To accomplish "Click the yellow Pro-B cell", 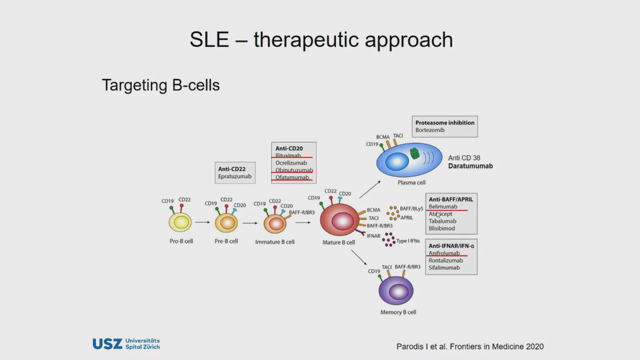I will point(180,222).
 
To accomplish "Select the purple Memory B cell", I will point(396,291).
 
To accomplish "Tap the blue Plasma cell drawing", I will point(409,160).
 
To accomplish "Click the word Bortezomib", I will point(430,130).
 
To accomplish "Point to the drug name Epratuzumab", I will point(235,176).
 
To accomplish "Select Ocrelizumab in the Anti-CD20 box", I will point(291,163).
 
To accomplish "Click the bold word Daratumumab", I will point(470,166).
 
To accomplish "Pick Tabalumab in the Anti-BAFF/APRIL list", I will point(442,221).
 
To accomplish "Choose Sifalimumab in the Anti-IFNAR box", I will point(444,268).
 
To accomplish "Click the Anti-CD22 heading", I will point(232,169).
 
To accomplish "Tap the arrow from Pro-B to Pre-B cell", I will point(202,222).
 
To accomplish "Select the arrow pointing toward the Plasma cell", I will point(370,190).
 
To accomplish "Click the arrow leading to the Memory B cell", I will point(359,257).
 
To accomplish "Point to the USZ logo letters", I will point(107,344).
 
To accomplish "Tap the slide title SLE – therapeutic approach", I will point(321,40).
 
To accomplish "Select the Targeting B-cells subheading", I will point(161,85).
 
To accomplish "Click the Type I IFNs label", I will point(408,241).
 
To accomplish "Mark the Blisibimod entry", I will point(442,228).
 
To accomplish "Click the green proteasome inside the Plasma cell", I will point(414,153).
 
